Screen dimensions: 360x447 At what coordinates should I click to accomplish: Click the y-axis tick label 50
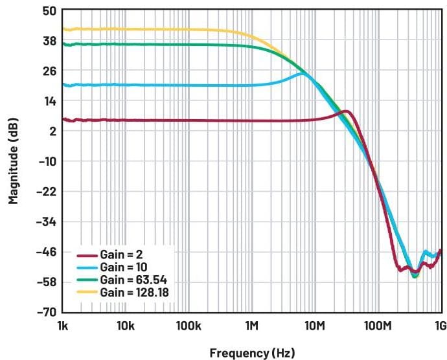(x=49, y=11)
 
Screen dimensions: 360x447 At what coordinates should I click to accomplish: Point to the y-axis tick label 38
(x=49, y=41)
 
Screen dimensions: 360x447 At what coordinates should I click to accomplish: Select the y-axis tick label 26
(x=49, y=71)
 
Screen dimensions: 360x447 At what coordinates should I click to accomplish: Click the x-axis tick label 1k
(x=63, y=324)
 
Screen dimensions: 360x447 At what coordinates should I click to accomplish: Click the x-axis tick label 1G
(x=440, y=324)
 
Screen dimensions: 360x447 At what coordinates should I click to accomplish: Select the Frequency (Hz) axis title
(x=252, y=354)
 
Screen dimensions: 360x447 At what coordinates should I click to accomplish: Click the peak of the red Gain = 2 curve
(x=347, y=111)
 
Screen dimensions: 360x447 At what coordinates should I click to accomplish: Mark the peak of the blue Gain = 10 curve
(x=303, y=74)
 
